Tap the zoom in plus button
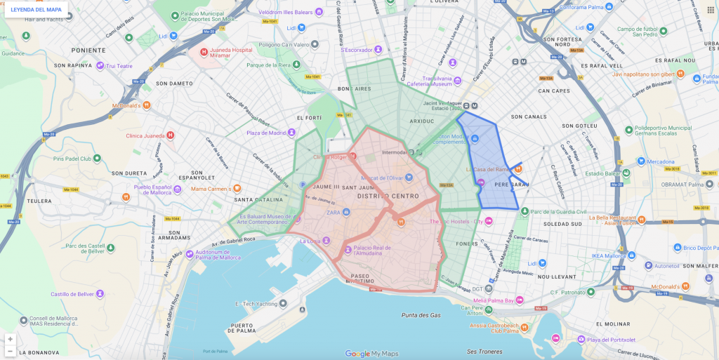pyautogui.click(x=10, y=339)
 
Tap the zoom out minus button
pyautogui.click(x=10, y=351)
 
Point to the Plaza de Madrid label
pyautogui.click(x=266, y=133)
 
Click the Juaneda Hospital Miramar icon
pyautogui.click(x=204, y=52)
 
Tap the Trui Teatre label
pyautogui.click(x=119, y=66)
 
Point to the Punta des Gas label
pyautogui.click(x=421, y=315)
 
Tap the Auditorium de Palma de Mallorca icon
pyautogui.click(x=188, y=255)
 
